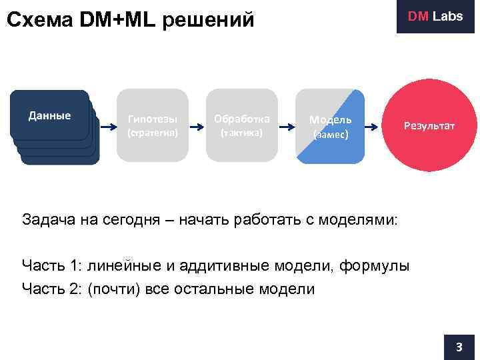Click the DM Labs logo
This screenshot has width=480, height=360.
coord(435,17)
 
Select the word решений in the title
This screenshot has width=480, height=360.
coord(217,20)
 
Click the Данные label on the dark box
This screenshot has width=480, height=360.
coord(49,115)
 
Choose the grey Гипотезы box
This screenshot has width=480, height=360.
coord(153,125)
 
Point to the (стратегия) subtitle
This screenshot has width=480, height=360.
coord(153,133)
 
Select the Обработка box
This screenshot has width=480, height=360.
coord(241,125)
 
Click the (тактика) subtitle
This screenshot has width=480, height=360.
coord(241,133)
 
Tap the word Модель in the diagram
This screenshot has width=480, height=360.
coord(330,119)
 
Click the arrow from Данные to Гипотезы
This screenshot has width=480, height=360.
coord(107,125)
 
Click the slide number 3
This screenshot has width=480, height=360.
coord(459,347)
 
